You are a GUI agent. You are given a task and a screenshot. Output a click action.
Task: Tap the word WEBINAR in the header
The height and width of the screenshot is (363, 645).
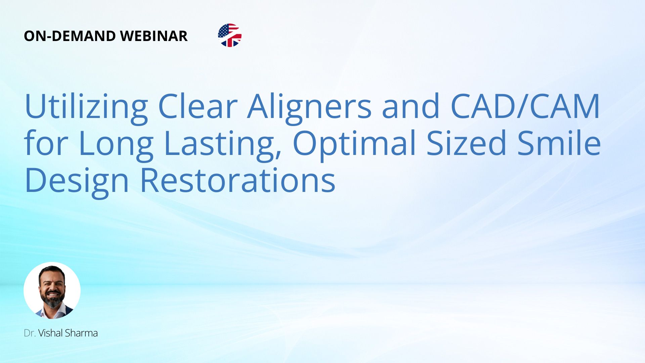click(x=154, y=36)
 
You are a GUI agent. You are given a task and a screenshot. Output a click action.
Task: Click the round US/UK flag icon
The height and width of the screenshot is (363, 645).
click(x=230, y=35)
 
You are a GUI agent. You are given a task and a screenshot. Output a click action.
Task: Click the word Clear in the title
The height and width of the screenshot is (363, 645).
click(x=198, y=106)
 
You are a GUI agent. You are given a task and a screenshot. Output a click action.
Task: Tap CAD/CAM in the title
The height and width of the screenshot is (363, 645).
click(x=525, y=106)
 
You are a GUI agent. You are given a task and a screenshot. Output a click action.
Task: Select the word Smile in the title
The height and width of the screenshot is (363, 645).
click(x=559, y=143)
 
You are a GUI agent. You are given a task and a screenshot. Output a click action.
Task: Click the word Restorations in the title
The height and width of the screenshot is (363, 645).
click(x=238, y=180)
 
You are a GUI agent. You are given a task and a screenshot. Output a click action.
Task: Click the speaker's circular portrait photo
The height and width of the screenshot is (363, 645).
click(x=52, y=290)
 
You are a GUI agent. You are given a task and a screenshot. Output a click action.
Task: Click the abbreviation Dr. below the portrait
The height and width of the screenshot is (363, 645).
click(x=30, y=333)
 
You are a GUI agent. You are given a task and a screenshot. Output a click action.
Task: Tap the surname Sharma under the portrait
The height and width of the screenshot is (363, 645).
click(x=81, y=333)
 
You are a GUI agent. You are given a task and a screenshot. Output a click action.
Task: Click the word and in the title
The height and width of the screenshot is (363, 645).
click(x=411, y=106)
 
